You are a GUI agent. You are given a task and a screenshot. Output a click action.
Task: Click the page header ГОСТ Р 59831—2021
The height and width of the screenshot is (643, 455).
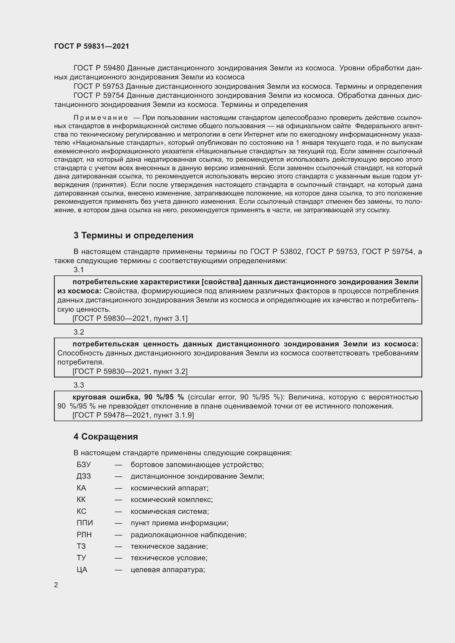92,46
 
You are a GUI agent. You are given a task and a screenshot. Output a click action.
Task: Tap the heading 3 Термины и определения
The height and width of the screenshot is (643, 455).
133,235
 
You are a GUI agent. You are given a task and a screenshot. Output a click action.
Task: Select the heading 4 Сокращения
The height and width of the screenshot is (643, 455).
106,437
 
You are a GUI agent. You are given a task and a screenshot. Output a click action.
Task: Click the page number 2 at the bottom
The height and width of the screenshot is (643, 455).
56,585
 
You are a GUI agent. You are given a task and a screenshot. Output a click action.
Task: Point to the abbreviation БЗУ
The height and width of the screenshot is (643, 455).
84,465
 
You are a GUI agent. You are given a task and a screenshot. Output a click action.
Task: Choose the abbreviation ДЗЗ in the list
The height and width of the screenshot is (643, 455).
84,476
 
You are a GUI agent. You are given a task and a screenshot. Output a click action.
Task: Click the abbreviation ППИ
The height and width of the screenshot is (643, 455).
85,523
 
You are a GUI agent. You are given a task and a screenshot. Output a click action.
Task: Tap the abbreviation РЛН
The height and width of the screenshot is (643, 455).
84,535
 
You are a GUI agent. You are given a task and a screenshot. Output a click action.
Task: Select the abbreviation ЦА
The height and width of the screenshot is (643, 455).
82,570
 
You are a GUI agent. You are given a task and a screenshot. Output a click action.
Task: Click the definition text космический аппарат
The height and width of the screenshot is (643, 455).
169,488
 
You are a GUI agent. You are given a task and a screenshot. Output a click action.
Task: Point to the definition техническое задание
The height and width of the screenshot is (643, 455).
169,546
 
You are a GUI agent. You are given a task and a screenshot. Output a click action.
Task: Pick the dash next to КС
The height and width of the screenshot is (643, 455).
118,511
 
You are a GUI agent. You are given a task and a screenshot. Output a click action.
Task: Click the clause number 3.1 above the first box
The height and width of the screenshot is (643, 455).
79,270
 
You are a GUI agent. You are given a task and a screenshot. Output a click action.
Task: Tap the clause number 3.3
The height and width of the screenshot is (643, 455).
79,385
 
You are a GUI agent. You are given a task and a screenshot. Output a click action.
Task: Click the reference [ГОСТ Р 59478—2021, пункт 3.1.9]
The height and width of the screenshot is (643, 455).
133,415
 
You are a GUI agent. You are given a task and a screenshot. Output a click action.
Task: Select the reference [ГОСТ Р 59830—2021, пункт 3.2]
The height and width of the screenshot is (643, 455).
130,371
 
